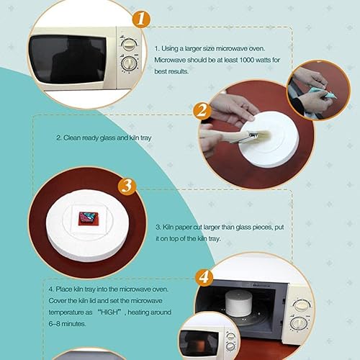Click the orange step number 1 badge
[x=142, y=19]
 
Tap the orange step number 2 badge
[x=203, y=111]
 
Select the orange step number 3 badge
[x=127, y=186]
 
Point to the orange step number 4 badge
[x=204, y=277]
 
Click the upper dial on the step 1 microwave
[x=129, y=45]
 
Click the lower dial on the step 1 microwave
[x=129, y=63]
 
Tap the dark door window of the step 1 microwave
[x=68, y=59]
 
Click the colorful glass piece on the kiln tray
[x=88, y=217]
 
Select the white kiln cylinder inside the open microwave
[x=238, y=302]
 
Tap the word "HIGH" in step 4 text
[x=109, y=312]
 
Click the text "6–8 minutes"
[x=67, y=324]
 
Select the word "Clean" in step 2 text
[x=72, y=138]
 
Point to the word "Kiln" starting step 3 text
[x=168, y=227]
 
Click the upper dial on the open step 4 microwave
[x=301, y=305]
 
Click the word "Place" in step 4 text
[x=63, y=289]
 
